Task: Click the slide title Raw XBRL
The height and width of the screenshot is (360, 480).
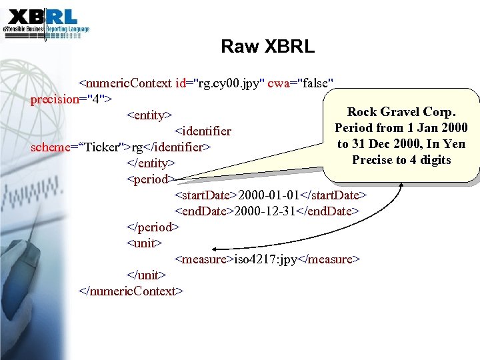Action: point(267,47)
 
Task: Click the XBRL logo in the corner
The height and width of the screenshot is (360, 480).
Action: point(45,22)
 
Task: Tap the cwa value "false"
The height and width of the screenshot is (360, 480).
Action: point(317,83)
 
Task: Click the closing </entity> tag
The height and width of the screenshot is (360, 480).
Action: point(151,163)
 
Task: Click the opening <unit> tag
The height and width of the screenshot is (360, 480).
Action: point(144,243)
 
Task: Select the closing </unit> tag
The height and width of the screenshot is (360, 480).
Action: point(146,275)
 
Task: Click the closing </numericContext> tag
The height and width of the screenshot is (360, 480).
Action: point(130,291)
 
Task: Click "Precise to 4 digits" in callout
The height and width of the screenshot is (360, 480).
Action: point(401,160)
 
